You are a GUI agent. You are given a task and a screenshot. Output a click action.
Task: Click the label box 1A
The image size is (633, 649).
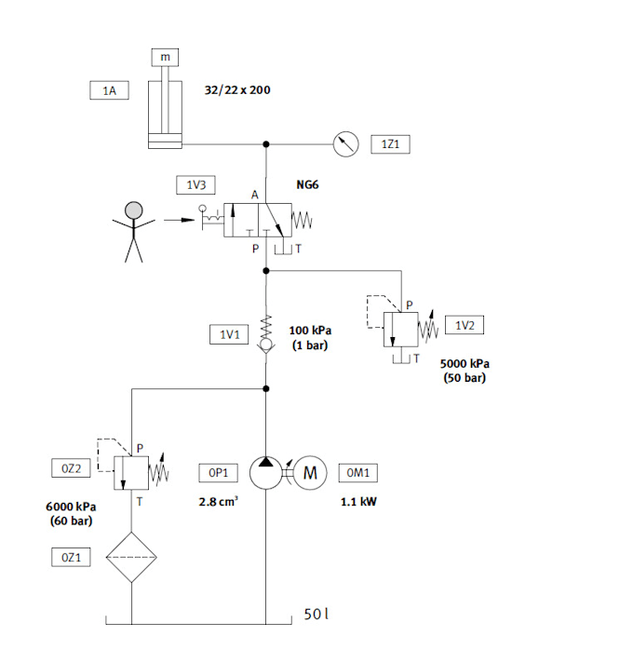click(109, 90)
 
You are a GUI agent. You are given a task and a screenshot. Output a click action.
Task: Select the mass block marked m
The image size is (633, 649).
click(166, 58)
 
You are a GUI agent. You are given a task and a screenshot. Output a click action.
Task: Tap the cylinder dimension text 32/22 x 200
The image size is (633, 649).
click(237, 91)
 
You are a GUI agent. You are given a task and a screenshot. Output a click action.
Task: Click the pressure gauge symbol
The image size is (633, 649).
click(346, 144)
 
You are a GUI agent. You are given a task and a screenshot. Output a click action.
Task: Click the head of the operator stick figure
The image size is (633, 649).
click(135, 210)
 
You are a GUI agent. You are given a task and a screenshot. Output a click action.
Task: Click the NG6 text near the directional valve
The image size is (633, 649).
click(308, 185)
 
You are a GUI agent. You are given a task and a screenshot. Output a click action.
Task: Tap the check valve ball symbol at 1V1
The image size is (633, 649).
click(266, 345)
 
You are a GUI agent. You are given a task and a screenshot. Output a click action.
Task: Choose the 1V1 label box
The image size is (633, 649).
click(228, 334)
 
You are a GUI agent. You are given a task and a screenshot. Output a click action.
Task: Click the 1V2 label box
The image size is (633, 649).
click(465, 325)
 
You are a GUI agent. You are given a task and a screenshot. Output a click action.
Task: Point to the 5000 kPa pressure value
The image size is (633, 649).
click(465, 363)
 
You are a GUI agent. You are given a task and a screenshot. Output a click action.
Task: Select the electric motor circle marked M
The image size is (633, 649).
click(311, 473)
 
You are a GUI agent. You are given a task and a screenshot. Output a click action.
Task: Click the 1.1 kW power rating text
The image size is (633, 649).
click(358, 501)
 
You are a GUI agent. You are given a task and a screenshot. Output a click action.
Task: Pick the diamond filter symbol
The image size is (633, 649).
click(131, 558)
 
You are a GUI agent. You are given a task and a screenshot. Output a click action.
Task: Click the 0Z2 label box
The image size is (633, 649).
click(71, 468)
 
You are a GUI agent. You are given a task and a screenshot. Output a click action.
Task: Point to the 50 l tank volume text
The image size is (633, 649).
click(317, 615)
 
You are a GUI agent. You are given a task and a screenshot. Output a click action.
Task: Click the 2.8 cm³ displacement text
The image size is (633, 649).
click(219, 501)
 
